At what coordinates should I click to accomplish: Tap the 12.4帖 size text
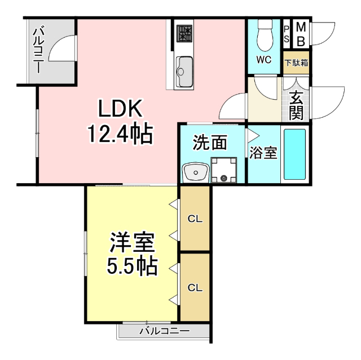click(120, 134)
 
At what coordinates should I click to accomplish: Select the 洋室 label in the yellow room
click(132, 243)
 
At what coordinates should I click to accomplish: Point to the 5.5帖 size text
click(132, 266)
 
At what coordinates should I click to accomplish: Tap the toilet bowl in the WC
click(263, 37)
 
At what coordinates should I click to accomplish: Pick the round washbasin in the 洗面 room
click(194, 171)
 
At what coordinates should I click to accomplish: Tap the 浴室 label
click(264, 152)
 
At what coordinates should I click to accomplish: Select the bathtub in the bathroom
click(294, 154)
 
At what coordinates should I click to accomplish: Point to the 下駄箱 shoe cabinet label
click(296, 63)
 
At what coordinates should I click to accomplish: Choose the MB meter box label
click(301, 34)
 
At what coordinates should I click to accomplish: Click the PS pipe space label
click(287, 34)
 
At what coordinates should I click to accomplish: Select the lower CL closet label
click(195, 287)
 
